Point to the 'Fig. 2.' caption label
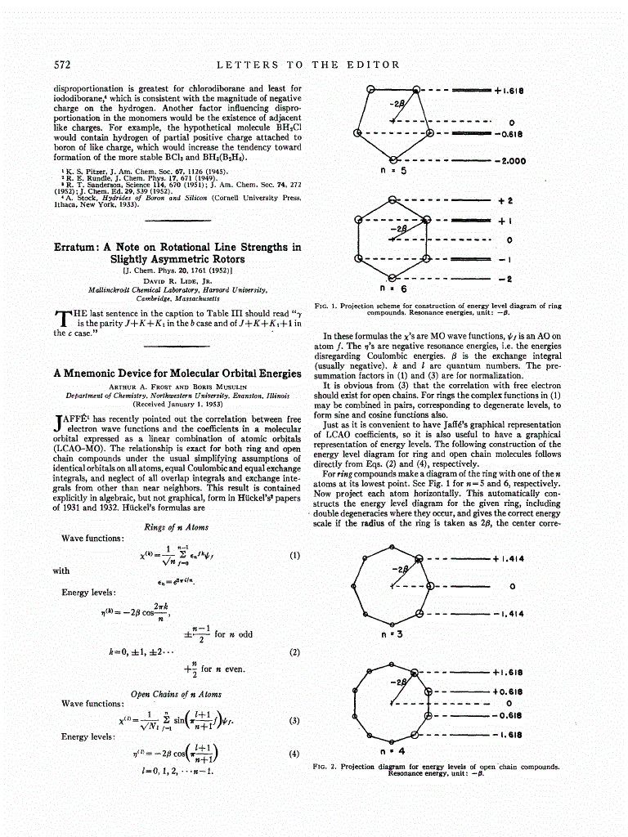[326, 768]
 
